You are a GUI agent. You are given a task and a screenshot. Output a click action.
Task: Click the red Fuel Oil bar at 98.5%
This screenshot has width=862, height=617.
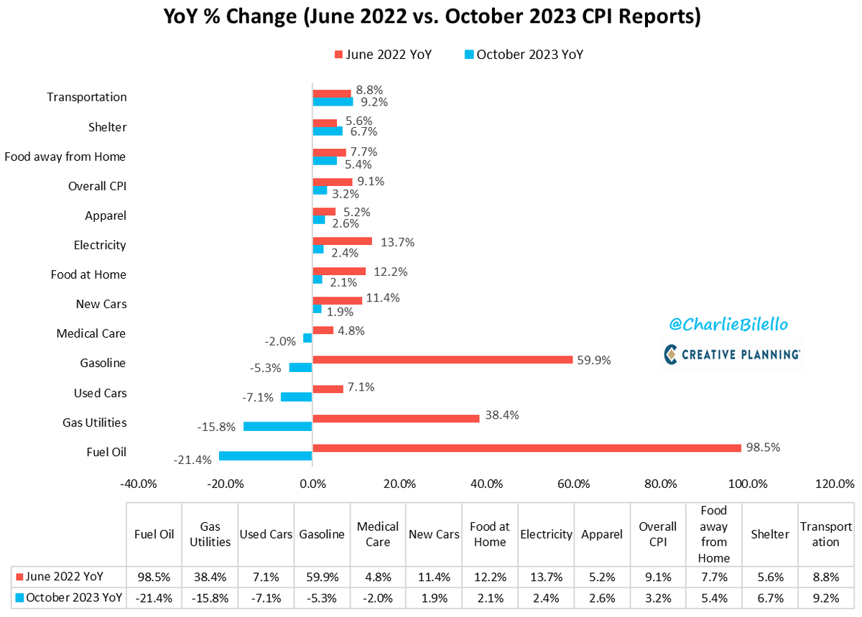tap(527, 448)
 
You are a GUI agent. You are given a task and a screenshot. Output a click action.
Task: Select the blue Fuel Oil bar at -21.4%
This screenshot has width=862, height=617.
tap(265, 456)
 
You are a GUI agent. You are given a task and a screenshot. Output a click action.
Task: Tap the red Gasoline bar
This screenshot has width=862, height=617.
tap(442, 359)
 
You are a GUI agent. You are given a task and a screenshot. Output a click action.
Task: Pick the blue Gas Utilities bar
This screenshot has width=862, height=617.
tap(277, 427)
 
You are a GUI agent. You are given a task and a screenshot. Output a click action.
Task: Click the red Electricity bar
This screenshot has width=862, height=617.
tap(342, 241)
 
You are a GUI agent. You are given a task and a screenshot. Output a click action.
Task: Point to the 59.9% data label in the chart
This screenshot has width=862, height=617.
tap(593, 360)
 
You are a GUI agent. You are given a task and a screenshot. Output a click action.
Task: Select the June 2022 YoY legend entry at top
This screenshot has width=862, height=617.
tap(382, 55)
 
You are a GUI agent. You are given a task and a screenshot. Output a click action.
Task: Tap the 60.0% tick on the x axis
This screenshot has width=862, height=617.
tap(573, 483)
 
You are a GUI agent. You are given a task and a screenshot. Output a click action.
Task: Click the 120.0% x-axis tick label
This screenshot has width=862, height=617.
tap(835, 483)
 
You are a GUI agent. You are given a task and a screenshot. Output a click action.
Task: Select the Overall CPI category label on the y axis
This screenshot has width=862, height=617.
tap(97, 186)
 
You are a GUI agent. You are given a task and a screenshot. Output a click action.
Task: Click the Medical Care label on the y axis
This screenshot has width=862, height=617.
tap(91, 333)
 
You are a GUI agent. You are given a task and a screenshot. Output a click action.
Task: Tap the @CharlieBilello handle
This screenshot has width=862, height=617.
tap(728, 325)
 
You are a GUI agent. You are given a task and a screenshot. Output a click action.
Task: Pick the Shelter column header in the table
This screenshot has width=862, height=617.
tap(770, 534)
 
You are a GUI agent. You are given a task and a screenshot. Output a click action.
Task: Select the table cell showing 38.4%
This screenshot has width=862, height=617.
tap(210, 576)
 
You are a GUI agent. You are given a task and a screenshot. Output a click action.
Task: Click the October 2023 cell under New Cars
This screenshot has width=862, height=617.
tap(434, 598)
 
